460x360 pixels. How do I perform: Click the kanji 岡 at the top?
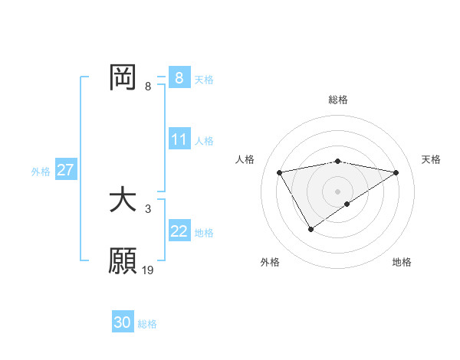[123, 77]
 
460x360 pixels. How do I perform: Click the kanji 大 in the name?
[123, 201]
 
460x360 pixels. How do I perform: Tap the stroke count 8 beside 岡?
[148, 86]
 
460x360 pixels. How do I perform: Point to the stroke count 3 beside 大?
[148, 208]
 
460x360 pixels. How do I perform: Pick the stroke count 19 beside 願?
[148, 270]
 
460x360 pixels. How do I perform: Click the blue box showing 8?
[179, 77]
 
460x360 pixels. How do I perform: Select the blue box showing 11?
[179, 139]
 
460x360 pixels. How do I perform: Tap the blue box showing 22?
[179, 231]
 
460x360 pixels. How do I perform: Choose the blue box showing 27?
[66, 170]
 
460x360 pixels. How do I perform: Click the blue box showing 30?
[123, 323]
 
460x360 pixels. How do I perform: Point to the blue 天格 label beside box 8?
[204, 79]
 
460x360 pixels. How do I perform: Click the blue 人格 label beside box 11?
[204, 141]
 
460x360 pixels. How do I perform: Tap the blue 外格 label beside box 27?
[41, 172]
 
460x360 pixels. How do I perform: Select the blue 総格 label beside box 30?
[147, 325]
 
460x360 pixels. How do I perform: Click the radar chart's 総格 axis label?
[338, 100]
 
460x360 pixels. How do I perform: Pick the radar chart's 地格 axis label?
[402, 262]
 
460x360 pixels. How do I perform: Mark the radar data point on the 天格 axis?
[396, 172]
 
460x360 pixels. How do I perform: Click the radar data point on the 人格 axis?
[280, 172]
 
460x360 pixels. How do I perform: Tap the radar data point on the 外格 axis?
[310, 228]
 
